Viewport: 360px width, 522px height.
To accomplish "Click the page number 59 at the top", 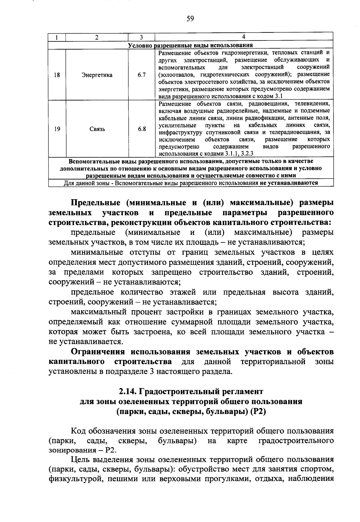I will tap(190, 19).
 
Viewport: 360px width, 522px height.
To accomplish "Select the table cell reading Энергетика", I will tap(97, 75).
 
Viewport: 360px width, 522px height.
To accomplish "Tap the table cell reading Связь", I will tap(97, 129).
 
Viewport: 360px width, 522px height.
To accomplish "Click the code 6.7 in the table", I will tap(142, 75).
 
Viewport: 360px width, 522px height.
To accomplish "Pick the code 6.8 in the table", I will tap(142, 129).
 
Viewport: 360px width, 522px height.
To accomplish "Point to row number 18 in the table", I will tap(57, 75).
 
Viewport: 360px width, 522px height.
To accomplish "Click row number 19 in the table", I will tap(57, 129).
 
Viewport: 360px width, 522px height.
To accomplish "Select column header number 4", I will tap(244, 37).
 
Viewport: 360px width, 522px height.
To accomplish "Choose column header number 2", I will tap(97, 37).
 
